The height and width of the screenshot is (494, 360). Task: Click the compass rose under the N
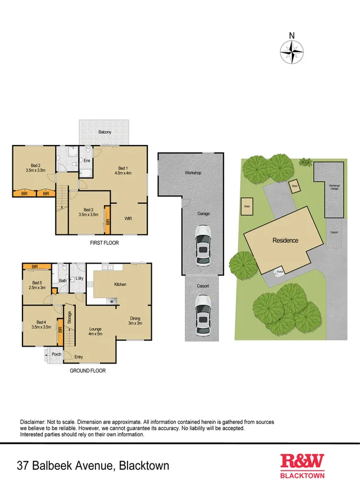[292, 52]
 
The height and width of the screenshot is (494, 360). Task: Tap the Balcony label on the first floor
[104, 132]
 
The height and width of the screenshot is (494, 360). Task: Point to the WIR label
[128, 218]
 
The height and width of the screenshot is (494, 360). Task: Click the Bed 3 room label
[86, 212]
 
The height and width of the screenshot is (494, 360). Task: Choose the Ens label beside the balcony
[87, 161]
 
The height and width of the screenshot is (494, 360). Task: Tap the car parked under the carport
[203, 316]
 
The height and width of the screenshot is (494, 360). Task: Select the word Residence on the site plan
[285, 241]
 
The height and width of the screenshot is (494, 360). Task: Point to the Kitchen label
[120, 285]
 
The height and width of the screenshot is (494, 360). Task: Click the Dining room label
[134, 321]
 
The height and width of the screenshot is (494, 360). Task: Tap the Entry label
[78, 357]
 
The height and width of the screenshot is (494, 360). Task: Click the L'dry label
[80, 279]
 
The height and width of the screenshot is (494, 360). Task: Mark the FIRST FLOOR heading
[104, 243]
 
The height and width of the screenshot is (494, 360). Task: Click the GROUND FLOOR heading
[87, 371]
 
